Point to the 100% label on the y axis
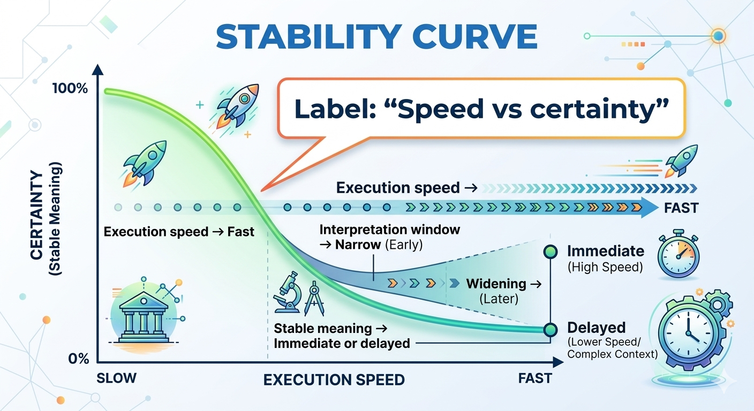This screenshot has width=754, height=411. point(70,88)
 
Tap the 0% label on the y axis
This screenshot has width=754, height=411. point(78,358)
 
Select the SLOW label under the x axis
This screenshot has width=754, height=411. point(116,378)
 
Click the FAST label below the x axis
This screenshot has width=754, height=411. point(534,378)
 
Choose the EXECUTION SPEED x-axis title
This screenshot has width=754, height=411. point(334,380)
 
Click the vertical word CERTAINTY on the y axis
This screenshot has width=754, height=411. point(36,216)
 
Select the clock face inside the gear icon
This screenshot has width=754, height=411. point(685,327)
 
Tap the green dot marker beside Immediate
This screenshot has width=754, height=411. point(549,252)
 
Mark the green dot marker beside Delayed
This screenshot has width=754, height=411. point(549,329)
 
